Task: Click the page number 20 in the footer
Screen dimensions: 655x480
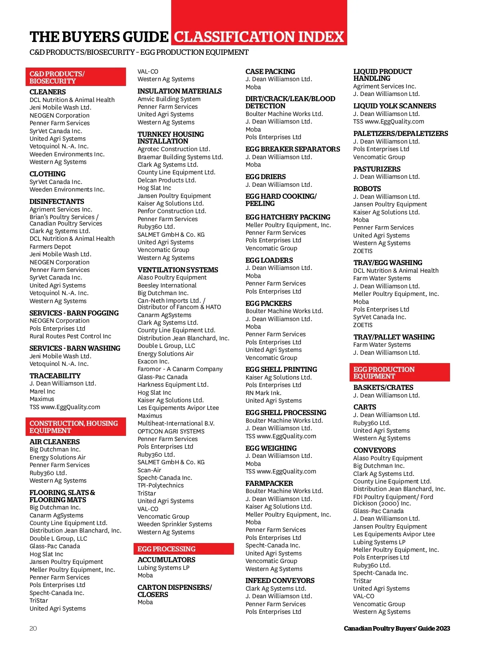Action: (33, 628)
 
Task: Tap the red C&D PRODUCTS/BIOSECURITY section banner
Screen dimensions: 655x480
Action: (76, 77)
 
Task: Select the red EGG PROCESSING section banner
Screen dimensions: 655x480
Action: (183, 549)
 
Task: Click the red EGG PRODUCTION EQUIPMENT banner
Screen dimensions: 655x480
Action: (399, 373)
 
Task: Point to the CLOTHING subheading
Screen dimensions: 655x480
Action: (48, 174)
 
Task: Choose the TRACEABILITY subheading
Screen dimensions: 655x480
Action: (55, 376)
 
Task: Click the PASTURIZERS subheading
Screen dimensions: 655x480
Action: (377, 169)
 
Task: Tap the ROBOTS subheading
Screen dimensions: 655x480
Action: (367, 189)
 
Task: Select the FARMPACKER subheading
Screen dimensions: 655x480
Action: (269, 483)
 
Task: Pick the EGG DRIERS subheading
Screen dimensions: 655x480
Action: (266, 177)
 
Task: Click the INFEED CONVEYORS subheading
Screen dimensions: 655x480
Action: (280, 581)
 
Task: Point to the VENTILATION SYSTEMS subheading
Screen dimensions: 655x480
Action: (178, 270)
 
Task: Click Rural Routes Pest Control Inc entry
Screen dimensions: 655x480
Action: (70, 336)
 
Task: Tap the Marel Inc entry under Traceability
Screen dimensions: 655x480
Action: (42, 391)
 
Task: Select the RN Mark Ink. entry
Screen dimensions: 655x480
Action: (264, 393)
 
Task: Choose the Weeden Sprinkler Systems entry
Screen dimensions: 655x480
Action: (175, 524)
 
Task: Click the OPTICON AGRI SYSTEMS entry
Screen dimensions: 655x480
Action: (171, 431)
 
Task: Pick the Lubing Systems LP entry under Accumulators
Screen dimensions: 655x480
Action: (164, 568)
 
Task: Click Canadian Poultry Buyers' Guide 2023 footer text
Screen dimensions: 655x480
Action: (397, 628)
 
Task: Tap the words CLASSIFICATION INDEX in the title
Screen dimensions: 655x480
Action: (259, 37)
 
